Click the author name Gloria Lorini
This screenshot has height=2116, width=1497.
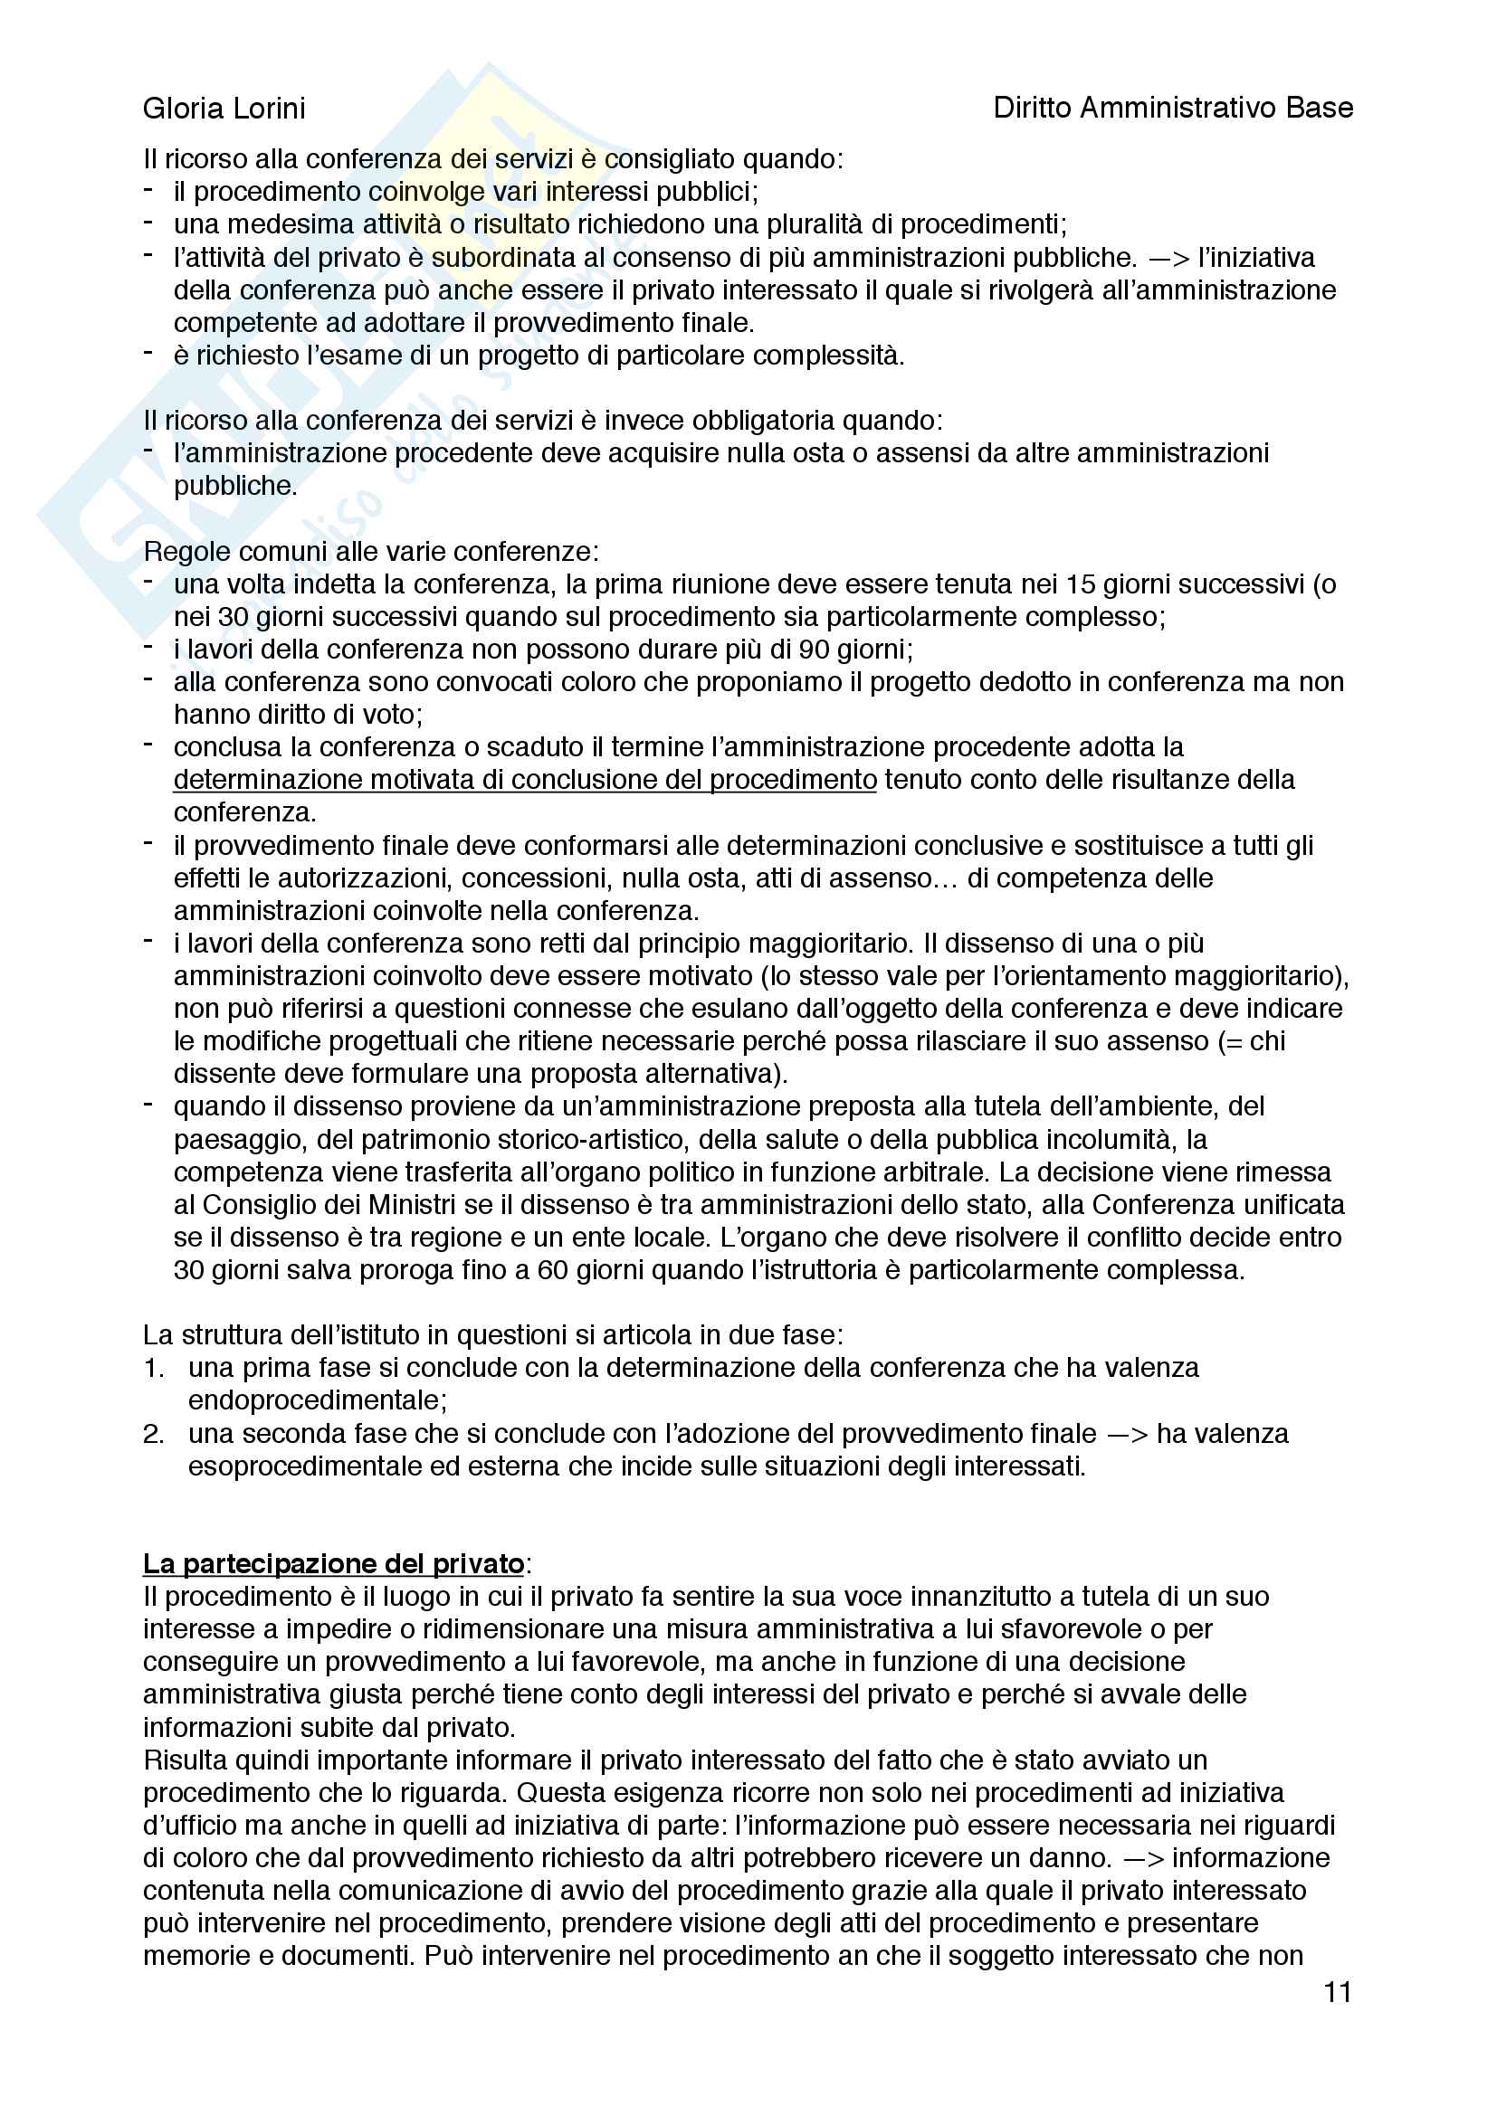click(x=224, y=109)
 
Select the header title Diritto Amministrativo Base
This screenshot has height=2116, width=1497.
click(x=1172, y=109)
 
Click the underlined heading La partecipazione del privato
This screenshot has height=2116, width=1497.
click(x=334, y=1564)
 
